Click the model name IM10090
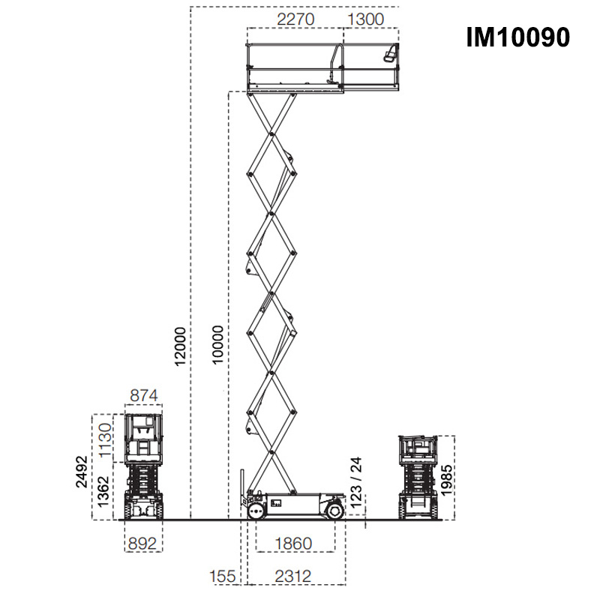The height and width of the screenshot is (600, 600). tap(517, 37)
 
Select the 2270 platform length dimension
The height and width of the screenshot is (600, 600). tap(295, 19)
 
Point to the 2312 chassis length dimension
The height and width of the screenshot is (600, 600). tap(293, 576)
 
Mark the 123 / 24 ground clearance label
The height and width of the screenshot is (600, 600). tap(357, 481)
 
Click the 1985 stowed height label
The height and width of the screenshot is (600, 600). tap(447, 478)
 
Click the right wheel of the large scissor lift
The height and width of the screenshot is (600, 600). tap(335, 511)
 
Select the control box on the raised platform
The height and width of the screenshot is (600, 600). tap(389, 54)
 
